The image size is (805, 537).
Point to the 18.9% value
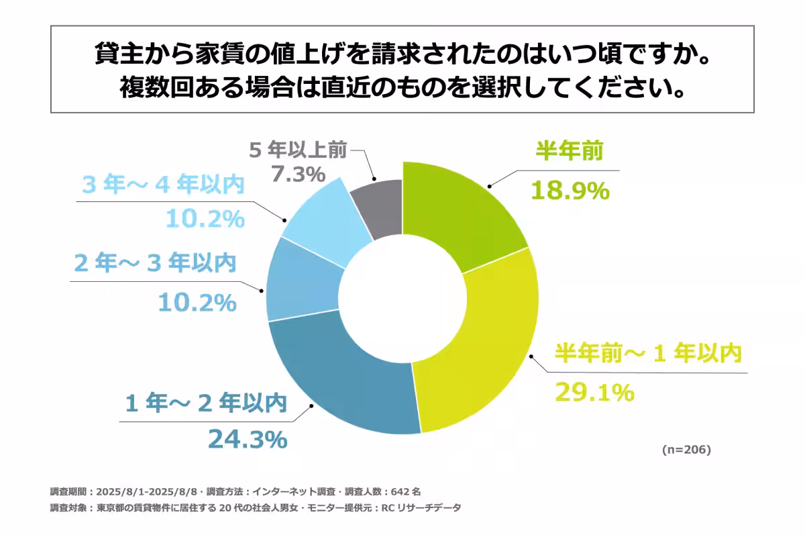tap(570, 191)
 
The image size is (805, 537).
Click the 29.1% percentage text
tap(594, 391)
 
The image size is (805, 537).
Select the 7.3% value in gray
tap(298, 174)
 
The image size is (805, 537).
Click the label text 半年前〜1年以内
tap(648, 354)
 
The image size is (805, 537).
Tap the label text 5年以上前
tap(298, 150)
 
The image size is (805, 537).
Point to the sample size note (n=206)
tap(686, 449)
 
